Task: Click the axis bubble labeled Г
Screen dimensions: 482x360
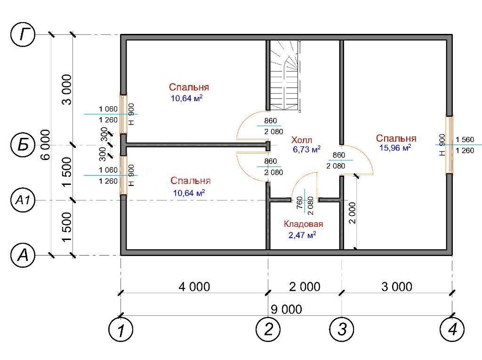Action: pyautogui.click(x=23, y=34)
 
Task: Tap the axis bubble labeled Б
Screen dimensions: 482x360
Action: pyautogui.click(x=23, y=145)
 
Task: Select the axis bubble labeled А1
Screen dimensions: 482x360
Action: pyautogui.click(x=23, y=200)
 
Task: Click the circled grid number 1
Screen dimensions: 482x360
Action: pyautogui.click(x=121, y=329)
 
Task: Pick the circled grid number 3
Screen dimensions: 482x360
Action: pyautogui.click(x=342, y=329)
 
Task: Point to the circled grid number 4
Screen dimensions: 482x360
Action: pyautogui.click(x=452, y=329)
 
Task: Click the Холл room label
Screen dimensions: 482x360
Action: pyautogui.click(x=302, y=140)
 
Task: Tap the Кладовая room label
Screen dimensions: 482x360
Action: pyautogui.click(x=303, y=224)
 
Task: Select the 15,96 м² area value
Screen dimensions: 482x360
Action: pyautogui.click(x=395, y=148)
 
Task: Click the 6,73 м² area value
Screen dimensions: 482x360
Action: pyautogui.click(x=306, y=150)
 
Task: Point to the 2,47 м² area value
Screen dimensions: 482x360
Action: pyautogui.click(x=302, y=235)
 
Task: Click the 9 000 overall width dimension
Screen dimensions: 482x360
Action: pyautogui.click(x=286, y=309)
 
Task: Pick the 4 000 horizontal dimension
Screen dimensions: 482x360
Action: pyautogui.click(x=194, y=287)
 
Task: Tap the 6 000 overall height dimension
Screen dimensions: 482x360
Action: pyautogui.click(x=45, y=144)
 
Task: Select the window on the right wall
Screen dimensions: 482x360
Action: pyautogui.click(x=450, y=145)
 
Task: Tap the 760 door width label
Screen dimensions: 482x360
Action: pyautogui.click(x=299, y=203)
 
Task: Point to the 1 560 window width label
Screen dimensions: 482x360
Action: pyautogui.click(x=465, y=140)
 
